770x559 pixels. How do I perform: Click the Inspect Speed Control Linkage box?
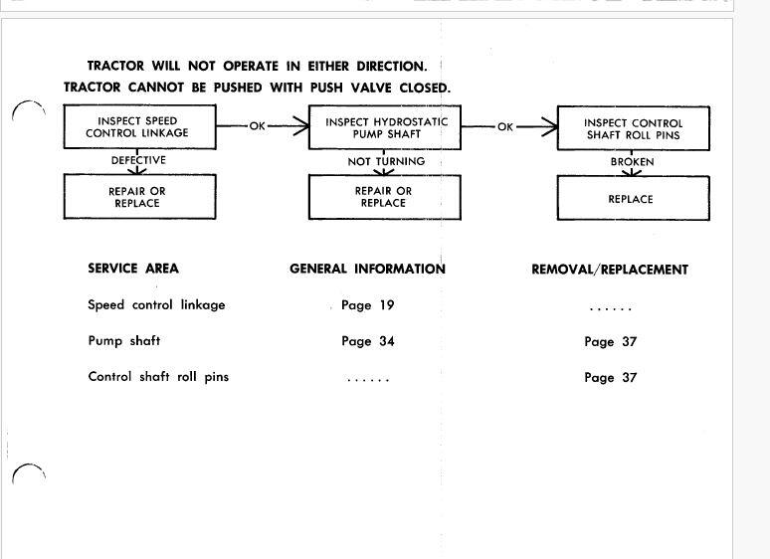tap(139, 127)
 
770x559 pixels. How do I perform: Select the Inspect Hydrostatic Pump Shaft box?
tap(386, 127)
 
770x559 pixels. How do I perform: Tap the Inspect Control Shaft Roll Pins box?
tap(633, 129)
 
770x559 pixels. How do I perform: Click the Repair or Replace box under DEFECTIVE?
tap(139, 197)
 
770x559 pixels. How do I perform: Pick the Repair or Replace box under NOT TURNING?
tap(384, 197)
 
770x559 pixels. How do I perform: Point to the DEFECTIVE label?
tap(138, 160)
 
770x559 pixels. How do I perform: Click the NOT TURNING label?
tap(386, 161)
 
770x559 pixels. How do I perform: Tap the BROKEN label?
tap(632, 161)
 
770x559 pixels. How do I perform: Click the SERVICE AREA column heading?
tap(133, 269)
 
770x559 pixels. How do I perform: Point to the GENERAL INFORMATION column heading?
tap(367, 269)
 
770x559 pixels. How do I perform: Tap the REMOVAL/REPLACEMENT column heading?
tap(610, 270)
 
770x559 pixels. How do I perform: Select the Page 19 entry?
tap(367, 305)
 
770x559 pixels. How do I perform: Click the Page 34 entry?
tap(367, 341)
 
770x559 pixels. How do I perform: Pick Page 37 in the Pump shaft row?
tap(610, 341)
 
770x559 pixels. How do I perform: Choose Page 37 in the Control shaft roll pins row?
tap(610, 377)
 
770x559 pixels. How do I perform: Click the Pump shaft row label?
tap(123, 341)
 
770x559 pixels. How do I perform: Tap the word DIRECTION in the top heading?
tap(384, 67)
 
